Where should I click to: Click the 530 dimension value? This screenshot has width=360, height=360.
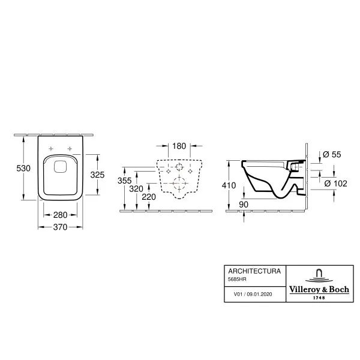tap(23, 168)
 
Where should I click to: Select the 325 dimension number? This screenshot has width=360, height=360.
tap(97, 175)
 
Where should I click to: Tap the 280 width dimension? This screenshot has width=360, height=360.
tap(61, 215)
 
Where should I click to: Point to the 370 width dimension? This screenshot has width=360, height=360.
tap(60, 227)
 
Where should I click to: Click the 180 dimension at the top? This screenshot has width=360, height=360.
tap(179, 146)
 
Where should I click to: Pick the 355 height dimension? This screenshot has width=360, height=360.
tap(124, 181)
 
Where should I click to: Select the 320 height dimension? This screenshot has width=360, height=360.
tap(136, 189)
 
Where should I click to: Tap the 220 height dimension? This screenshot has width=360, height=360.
tap(149, 197)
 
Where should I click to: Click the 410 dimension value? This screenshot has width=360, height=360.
tap(229, 185)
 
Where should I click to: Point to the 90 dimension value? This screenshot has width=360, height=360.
tap(244, 205)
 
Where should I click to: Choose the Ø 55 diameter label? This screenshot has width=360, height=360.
tap(332, 154)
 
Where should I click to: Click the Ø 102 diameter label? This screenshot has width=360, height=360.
tap(335, 184)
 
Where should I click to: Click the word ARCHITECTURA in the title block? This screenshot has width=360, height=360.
tap(254, 271)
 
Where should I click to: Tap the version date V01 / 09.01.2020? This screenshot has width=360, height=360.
tap(253, 294)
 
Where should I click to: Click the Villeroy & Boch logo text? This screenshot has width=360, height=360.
tap(319, 290)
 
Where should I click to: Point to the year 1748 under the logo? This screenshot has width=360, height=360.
tap(319, 298)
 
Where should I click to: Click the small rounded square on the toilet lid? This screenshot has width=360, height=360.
tap(61, 166)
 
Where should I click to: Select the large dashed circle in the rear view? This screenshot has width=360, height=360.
tap(179, 183)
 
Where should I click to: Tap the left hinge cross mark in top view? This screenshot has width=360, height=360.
tap(51, 149)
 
